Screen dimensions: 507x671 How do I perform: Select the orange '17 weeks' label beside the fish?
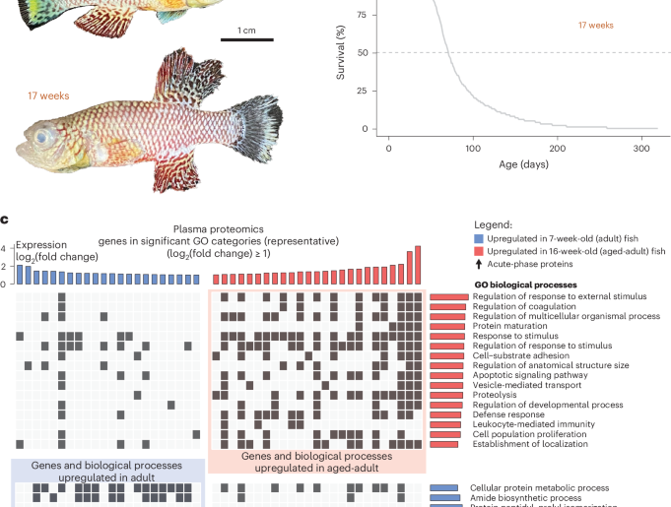(39, 96)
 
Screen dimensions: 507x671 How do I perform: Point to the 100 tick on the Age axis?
(474, 148)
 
